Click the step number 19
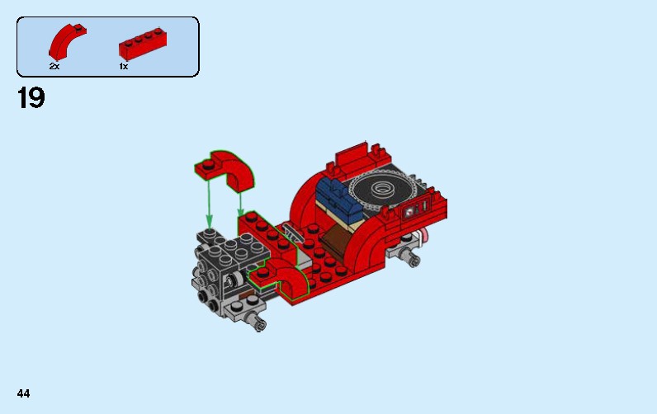[31, 99]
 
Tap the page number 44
[22, 394]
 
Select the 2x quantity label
[54, 66]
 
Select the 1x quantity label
[124, 66]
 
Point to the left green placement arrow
[209, 203]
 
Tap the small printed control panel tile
[410, 212]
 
